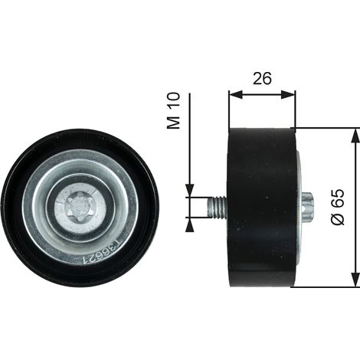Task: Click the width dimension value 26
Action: tap(262, 78)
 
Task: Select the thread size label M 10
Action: tap(173, 110)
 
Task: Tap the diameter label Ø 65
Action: tap(338, 207)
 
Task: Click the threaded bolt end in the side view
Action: tap(217, 207)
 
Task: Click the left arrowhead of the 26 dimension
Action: tap(235, 94)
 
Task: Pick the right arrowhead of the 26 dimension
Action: tap(289, 94)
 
